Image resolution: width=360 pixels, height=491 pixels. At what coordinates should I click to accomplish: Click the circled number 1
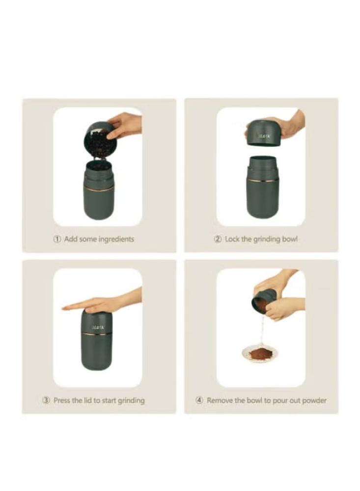(x=57, y=239)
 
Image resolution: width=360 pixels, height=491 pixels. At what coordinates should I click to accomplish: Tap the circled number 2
(x=218, y=239)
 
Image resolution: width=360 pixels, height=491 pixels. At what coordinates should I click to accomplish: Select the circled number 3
(x=46, y=400)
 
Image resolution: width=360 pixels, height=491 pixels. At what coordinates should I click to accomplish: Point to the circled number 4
(x=199, y=400)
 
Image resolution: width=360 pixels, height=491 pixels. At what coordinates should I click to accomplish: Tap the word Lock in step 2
(x=232, y=239)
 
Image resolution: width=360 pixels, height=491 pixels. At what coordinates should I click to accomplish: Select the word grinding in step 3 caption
(x=131, y=401)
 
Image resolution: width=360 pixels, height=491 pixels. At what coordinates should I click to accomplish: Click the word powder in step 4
(x=314, y=401)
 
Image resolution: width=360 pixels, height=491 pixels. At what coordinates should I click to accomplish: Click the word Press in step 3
(x=62, y=400)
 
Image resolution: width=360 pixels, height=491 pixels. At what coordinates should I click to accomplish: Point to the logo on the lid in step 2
(x=264, y=136)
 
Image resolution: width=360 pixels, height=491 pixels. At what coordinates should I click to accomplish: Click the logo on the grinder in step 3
(x=97, y=327)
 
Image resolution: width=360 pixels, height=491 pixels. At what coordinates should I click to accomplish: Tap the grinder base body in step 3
(x=96, y=353)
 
